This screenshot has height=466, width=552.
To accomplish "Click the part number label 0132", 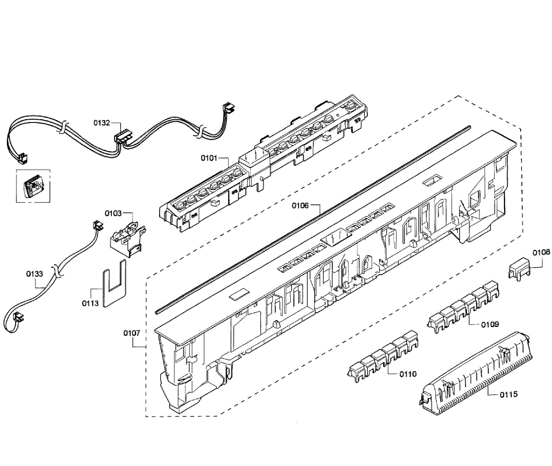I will pos(102,123).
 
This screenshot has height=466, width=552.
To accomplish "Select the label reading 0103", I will pos(113,213).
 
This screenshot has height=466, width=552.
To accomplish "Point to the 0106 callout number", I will pos(299,206).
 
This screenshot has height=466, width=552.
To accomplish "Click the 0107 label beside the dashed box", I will pos(132,333).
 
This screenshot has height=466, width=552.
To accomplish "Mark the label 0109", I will pos(490,324).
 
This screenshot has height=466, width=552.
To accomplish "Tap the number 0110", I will pos(408,374).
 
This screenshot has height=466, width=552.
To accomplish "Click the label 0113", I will pos(90,303).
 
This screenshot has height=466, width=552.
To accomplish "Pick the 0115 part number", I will pos(508,394).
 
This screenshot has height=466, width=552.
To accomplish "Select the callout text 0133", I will pos(34,274).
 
